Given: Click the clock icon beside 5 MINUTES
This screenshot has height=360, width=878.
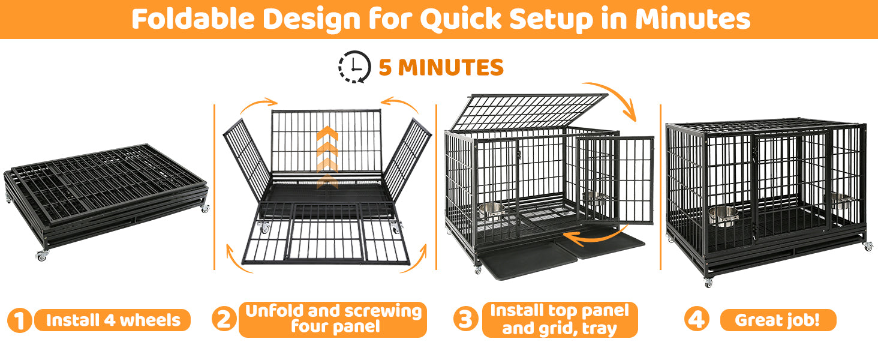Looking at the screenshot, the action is (x=354, y=67).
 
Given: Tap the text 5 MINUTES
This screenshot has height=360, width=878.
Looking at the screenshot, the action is (x=441, y=67).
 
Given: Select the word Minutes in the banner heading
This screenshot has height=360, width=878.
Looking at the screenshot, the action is (x=693, y=19).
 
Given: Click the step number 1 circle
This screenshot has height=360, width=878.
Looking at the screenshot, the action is (x=19, y=320).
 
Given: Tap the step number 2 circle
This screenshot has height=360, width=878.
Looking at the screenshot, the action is (x=224, y=319).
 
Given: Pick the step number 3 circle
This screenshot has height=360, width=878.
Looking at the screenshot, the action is (x=465, y=319).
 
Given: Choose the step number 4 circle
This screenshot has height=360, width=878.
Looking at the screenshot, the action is (x=697, y=319).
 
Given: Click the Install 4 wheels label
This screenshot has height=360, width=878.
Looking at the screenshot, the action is (x=113, y=320).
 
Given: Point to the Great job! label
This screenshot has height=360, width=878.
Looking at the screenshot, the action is (x=778, y=320).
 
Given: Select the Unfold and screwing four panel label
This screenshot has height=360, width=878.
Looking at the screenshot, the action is (x=333, y=319).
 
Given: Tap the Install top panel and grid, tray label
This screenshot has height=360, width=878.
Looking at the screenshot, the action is (x=560, y=319).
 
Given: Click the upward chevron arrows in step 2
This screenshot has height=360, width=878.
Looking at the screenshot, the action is (x=327, y=157).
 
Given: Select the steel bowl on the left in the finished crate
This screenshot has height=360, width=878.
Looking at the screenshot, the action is (x=723, y=215).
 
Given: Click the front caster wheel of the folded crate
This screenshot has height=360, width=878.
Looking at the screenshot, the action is (x=41, y=256).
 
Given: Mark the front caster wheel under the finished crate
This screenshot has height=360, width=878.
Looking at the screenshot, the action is (x=708, y=283).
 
